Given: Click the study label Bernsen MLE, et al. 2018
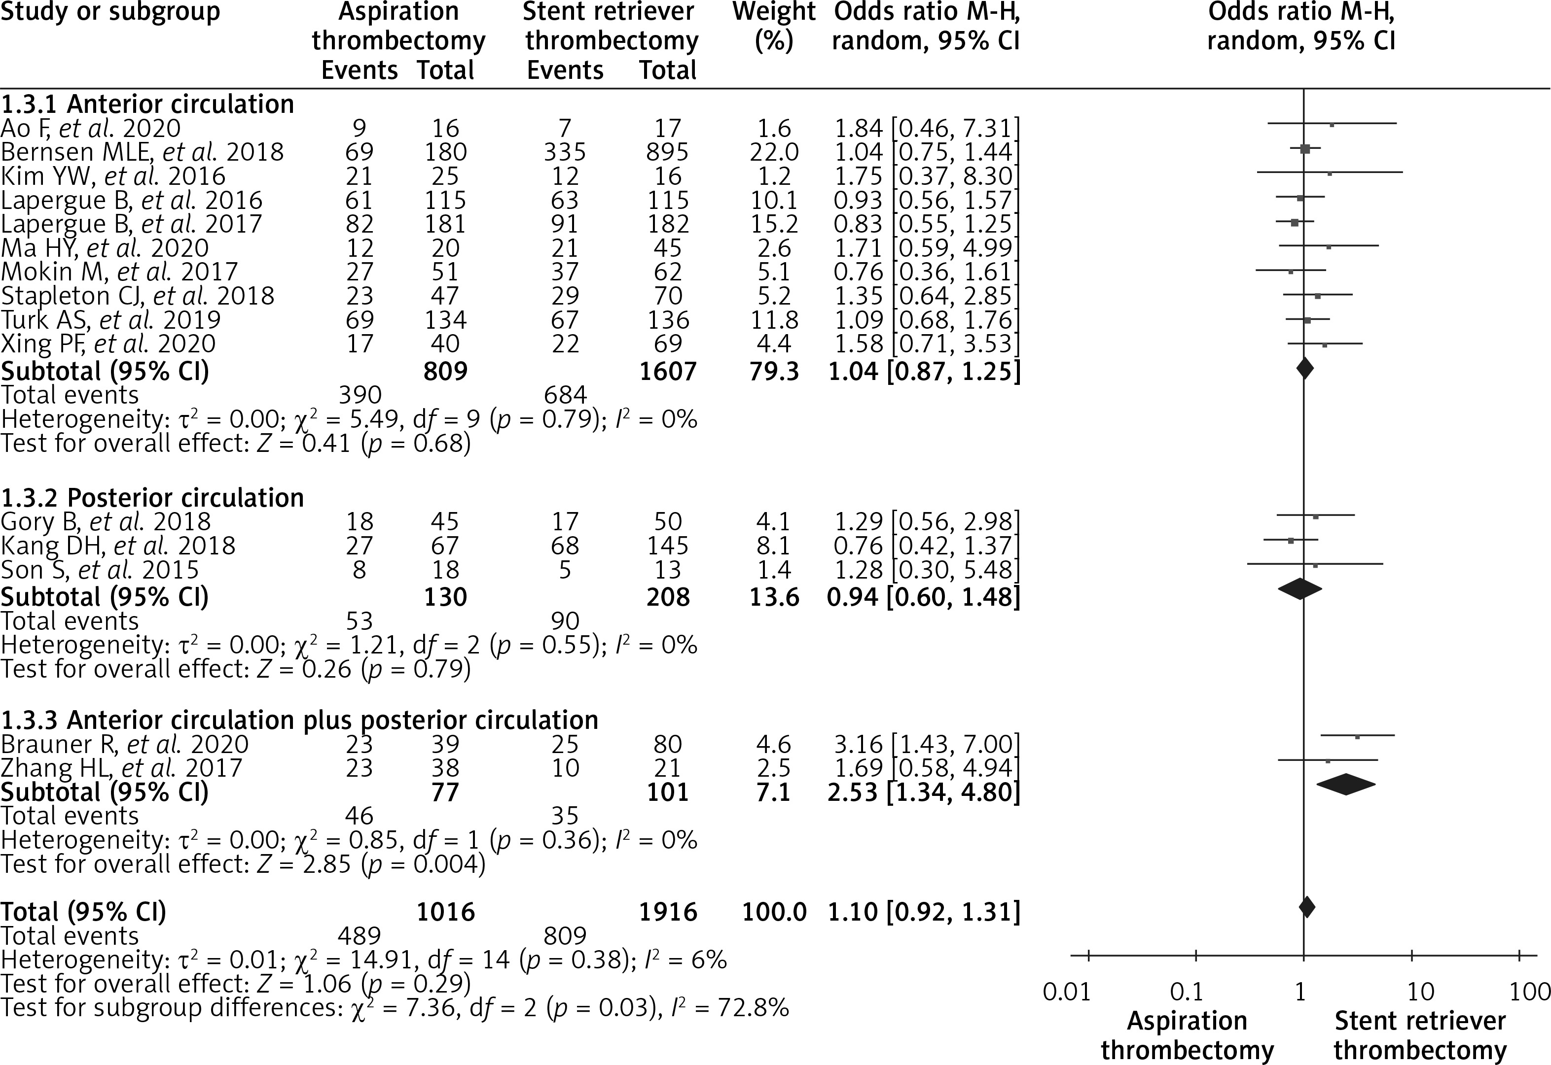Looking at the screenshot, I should point(142,152).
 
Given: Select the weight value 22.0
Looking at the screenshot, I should point(774,152).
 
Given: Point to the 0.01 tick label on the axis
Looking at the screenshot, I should point(1067,992).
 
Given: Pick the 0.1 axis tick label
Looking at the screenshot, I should point(1187,992).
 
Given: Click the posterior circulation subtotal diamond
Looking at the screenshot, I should point(1299,588).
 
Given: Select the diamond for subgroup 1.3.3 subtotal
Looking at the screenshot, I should point(1346,784).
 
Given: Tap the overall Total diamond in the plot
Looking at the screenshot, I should point(1306,907).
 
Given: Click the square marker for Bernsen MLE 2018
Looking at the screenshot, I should point(1305,149).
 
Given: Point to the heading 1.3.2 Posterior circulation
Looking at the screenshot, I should point(152,498).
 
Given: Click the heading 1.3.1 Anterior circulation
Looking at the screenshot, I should point(147,104).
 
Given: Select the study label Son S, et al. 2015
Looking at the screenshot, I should point(100,570).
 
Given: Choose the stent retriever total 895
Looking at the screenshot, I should point(667,152).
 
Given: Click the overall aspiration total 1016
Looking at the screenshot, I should point(445,912).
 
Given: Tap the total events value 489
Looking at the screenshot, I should point(359,935).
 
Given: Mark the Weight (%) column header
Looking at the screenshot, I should point(774,27).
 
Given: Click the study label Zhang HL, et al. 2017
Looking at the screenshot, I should point(121,767).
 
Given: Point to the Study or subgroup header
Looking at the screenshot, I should point(110,12).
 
